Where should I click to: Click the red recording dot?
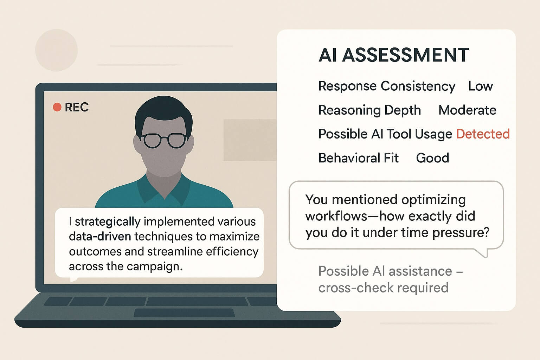57,107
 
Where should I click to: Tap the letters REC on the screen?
77,107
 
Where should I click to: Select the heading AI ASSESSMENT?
393,55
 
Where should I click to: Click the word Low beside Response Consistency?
480,86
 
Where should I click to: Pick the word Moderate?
467,110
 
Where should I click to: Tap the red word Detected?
483,134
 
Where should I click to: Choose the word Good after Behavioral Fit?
432,158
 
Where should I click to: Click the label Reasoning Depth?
369,110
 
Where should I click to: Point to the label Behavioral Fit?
358,158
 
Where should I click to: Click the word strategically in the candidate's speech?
108,222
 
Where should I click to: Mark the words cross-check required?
383,288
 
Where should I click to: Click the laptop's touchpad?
184,313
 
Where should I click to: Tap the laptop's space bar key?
197,301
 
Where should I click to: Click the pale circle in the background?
56,51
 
